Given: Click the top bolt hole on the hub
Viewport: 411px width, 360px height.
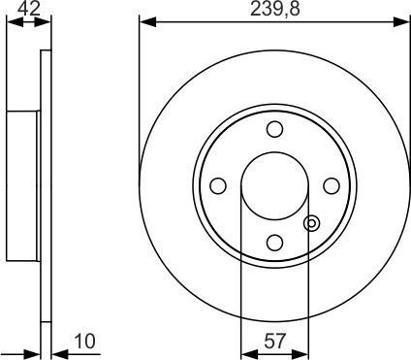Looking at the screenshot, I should coord(274,129).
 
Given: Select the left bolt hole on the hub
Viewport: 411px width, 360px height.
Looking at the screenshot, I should coord(218,185).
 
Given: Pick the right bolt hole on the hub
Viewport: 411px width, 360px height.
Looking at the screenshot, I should coord(331,185).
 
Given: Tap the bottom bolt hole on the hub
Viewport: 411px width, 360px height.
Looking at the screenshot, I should coord(274,242).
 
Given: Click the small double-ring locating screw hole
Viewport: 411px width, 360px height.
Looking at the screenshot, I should coord(311,223).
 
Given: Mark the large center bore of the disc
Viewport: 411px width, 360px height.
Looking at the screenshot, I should coord(274,185).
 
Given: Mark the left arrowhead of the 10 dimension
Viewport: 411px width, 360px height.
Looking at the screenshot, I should coord(34,352).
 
